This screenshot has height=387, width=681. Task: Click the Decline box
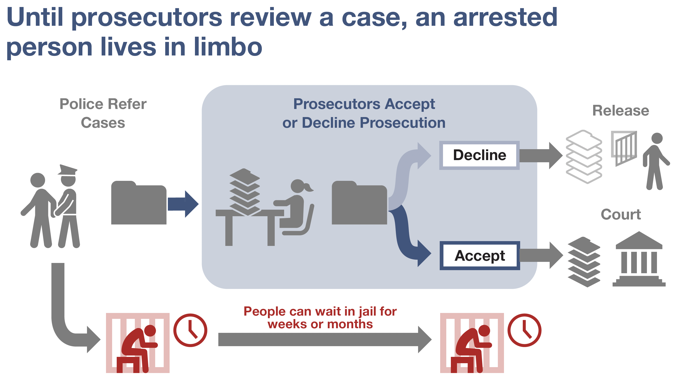479,155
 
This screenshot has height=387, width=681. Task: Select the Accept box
479,256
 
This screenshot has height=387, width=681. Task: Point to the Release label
620,111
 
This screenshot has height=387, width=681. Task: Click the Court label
621,214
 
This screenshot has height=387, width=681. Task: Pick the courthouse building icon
639,259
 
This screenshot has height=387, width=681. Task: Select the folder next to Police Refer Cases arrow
139,203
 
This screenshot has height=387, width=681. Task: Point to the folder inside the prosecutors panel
359,203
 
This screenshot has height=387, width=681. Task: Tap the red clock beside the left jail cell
190,330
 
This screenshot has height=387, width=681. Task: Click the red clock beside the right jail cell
524,330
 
